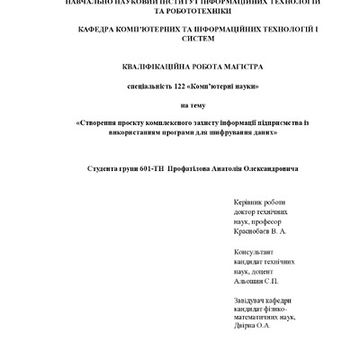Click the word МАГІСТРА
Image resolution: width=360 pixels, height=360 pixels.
[234, 67]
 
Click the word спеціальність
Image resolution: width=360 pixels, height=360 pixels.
[137, 86]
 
